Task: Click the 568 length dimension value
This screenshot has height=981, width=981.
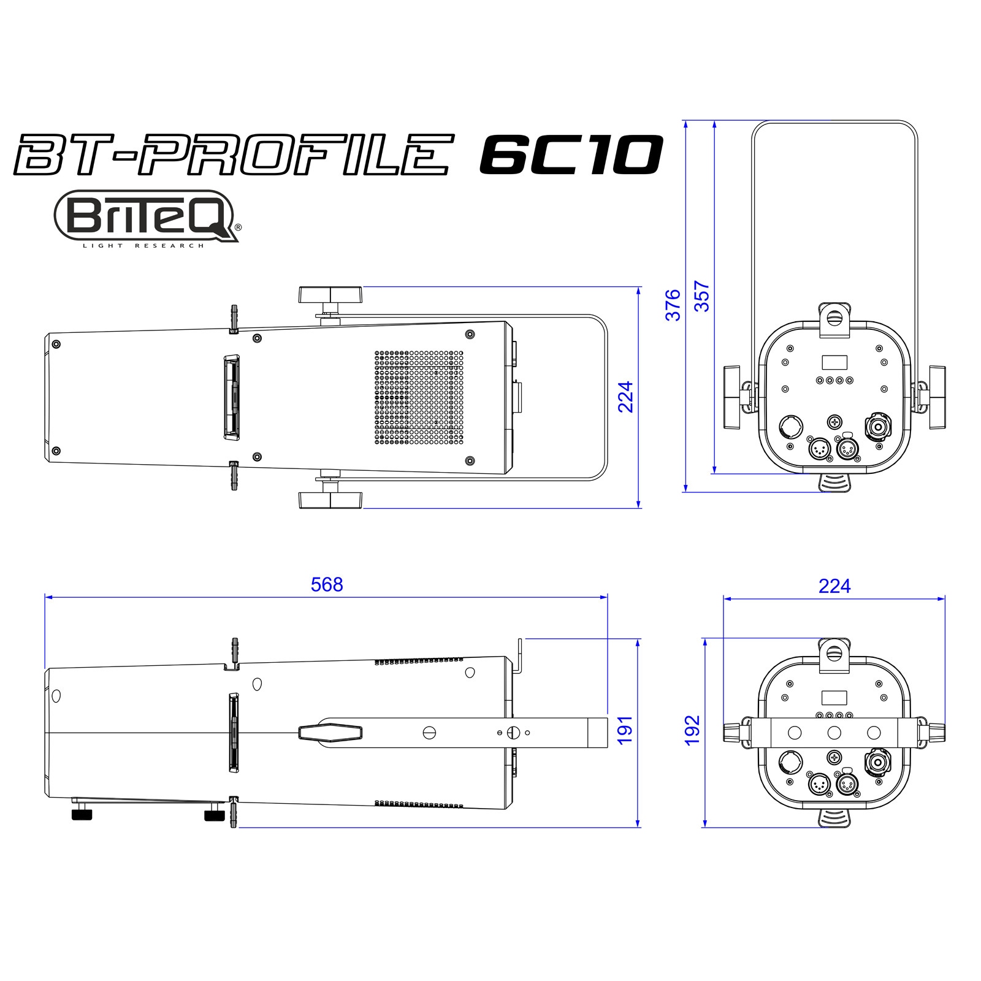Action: (x=327, y=584)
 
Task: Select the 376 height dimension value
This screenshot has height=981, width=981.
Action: (x=673, y=305)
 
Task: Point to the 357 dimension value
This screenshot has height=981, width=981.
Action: (x=701, y=296)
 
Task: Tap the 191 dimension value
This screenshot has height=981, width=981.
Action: (x=625, y=730)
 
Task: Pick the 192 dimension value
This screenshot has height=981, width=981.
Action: (x=692, y=730)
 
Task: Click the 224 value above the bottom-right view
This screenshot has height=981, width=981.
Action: (x=834, y=586)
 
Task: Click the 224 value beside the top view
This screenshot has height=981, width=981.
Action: (x=625, y=397)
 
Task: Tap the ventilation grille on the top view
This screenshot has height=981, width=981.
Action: (x=419, y=397)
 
